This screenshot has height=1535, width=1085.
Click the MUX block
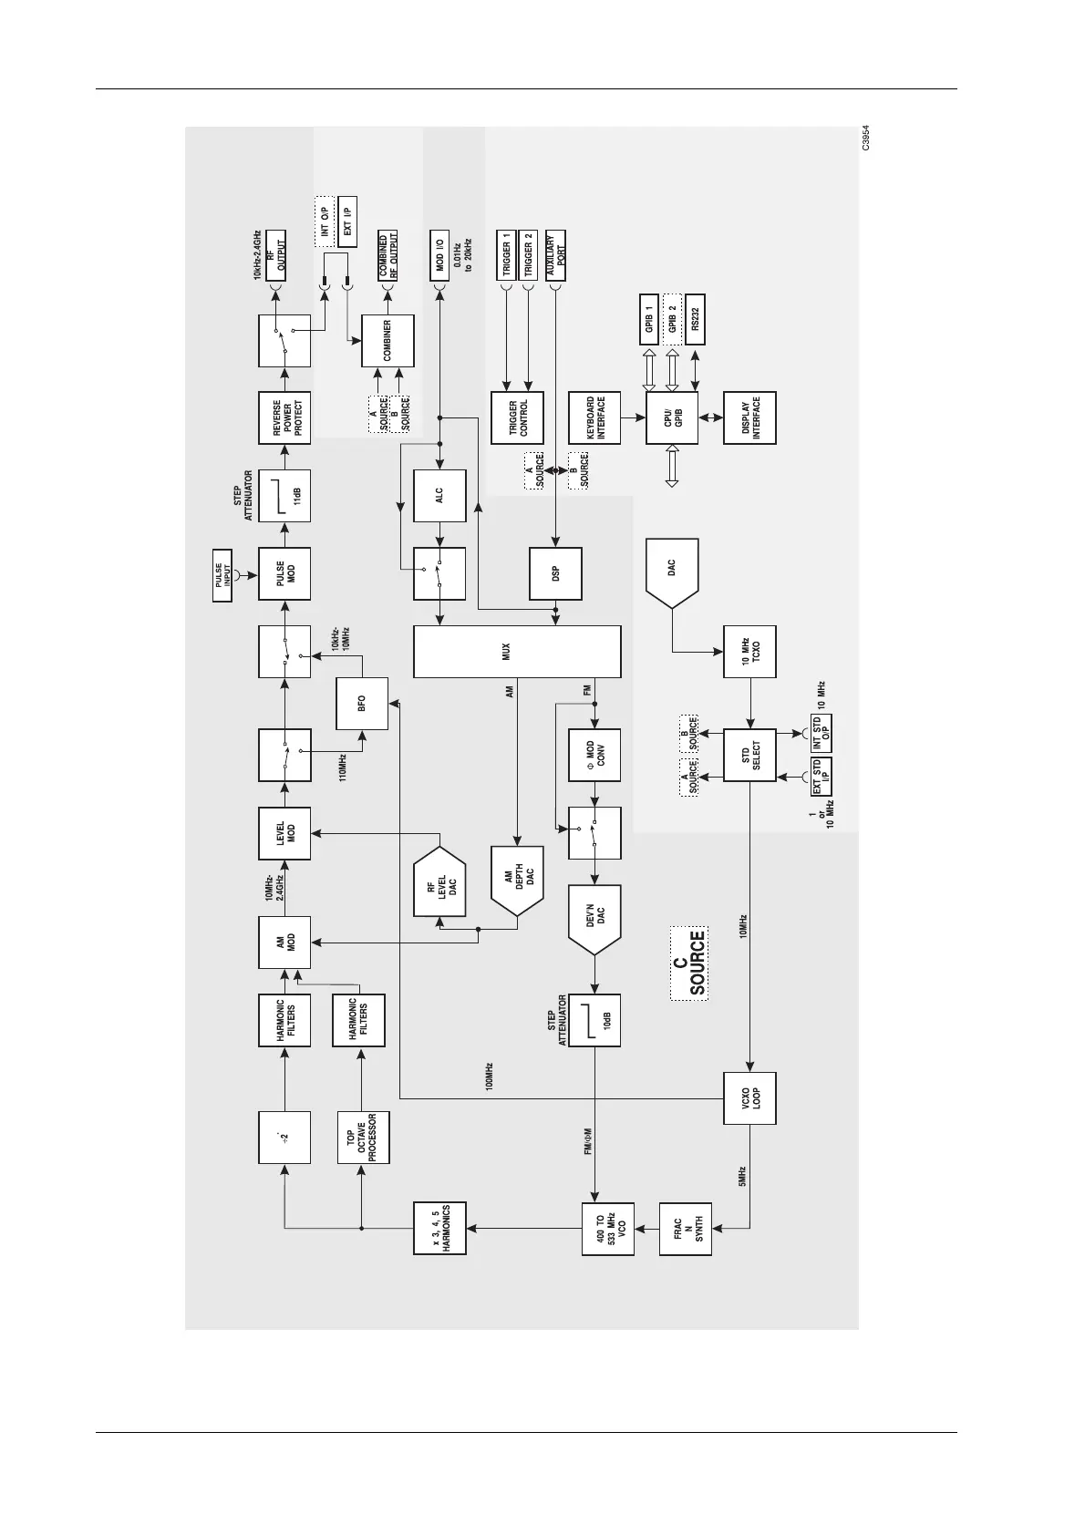(517, 652)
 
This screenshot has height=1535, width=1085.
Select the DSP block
(555, 573)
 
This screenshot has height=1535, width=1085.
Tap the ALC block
(439, 496)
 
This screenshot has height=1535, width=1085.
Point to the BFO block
(362, 704)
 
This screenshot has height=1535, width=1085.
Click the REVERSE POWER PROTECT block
(284, 417)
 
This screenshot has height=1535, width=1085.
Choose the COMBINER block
(387, 341)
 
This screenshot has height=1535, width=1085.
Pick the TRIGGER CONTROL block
(517, 417)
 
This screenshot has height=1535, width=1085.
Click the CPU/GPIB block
(672, 417)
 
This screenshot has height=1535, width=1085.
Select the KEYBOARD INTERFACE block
(594, 417)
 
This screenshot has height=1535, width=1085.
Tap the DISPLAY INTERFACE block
(749, 417)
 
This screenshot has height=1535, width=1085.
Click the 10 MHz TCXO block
(749, 652)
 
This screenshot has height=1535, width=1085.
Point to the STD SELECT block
(749, 755)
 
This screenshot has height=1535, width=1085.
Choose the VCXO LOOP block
(749, 1098)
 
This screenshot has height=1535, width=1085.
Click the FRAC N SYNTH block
(686, 1229)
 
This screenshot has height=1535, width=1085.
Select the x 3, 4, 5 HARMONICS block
(439, 1229)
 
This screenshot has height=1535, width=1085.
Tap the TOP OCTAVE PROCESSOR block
(362, 1137)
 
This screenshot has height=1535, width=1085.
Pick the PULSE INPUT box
(224, 582)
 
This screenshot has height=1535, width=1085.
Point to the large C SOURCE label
(689, 963)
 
